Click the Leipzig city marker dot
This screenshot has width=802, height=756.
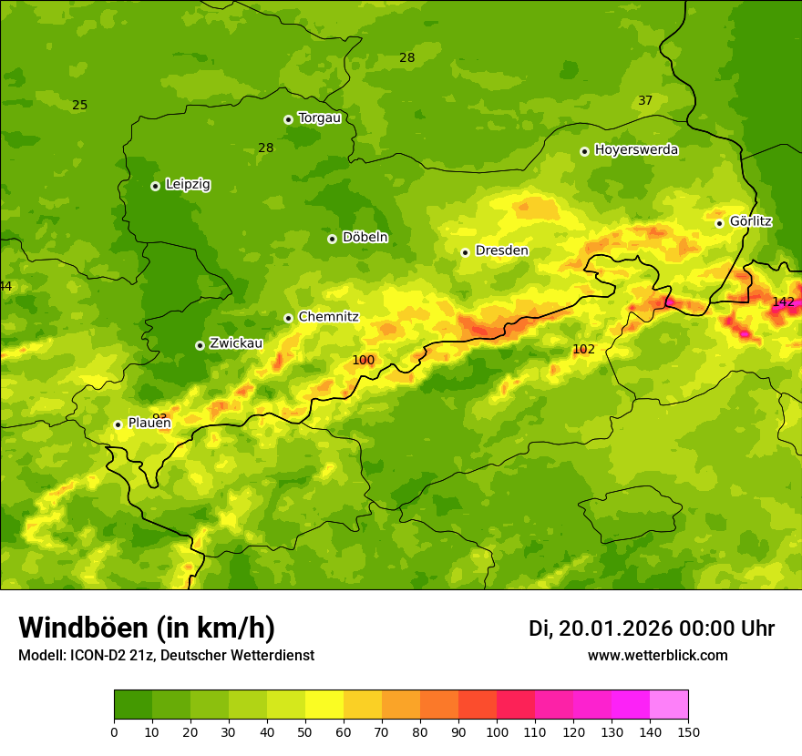point(155,186)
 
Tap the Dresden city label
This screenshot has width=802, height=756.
point(501,250)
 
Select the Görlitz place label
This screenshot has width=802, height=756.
point(750,221)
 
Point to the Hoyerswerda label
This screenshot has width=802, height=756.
point(636,150)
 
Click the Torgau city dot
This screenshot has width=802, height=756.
point(288,119)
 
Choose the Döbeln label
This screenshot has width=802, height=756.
point(365,238)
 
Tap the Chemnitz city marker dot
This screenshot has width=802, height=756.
point(288,318)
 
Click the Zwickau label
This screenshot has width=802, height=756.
point(236,343)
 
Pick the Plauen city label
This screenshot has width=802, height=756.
point(149,423)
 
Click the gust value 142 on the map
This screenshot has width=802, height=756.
point(783,301)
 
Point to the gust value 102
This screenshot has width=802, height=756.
point(583,350)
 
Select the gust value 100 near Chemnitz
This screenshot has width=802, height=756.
point(363,361)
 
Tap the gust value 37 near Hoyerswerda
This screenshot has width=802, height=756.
point(645,100)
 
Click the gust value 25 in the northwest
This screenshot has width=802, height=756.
point(80,105)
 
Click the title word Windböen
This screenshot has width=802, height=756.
point(83,628)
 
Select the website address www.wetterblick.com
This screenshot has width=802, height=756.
point(657,655)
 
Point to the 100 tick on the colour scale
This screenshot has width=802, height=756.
point(497,730)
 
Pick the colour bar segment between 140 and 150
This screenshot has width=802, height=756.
point(669,704)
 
